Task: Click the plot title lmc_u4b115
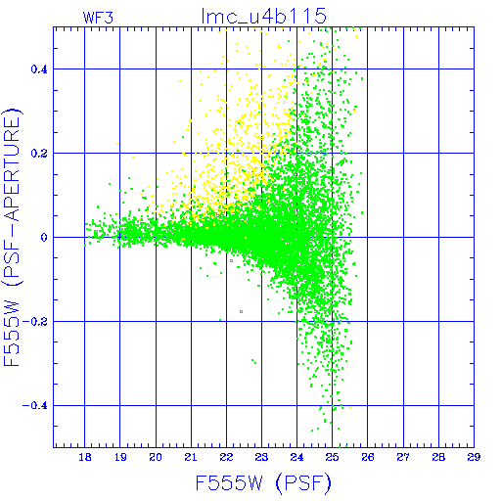[x=264, y=16]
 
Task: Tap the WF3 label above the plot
[x=98, y=18]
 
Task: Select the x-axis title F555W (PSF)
[x=263, y=482]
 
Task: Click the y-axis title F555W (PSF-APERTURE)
[x=12, y=237]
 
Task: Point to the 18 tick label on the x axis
[x=85, y=457]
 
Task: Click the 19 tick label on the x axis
[x=120, y=457]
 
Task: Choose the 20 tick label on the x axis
[x=156, y=457]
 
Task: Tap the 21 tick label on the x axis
[x=191, y=457]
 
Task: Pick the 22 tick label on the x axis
[x=226, y=457]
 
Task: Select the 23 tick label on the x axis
[x=261, y=457]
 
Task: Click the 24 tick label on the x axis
[x=296, y=457]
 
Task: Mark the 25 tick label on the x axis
[x=332, y=457]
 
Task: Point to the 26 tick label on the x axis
[x=368, y=457]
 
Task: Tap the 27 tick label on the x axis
[x=403, y=457]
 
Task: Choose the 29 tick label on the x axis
[x=474, y=457]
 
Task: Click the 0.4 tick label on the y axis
[x=39, y=69]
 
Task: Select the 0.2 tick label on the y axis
[x=39, y=154]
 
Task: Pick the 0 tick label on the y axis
[x=44, y=238]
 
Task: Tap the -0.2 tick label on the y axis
[x=35, y=322]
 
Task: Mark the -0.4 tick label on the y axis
[x=35, y=406]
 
